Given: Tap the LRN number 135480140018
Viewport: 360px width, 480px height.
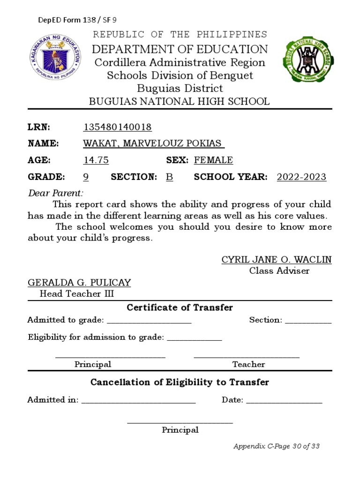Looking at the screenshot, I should [x=117, y=127].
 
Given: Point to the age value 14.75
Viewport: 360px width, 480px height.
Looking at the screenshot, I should [x=96, y=160].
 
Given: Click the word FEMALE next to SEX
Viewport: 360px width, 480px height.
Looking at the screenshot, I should [x=213, y=160].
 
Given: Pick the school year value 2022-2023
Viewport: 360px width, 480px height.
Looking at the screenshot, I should [x=301, y=177].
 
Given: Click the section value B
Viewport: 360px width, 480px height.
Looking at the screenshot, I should [x=169, y=177].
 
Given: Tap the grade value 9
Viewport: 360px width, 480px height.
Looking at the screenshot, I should [x=86, y=177].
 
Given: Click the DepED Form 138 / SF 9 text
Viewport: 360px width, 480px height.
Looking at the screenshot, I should [x=77, y=20].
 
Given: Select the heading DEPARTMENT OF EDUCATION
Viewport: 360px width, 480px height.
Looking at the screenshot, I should [x=180, y=49].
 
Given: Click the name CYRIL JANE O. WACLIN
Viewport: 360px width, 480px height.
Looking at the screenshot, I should [x=276, y=260].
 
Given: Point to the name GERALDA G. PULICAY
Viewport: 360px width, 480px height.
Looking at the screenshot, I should [x=79, y=283].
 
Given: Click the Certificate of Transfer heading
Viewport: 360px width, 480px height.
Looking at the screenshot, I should [x=180, y=307].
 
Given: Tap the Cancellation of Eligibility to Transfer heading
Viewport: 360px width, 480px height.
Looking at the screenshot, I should [x=180, y=382].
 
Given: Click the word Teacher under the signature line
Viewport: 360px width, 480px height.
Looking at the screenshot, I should [x=248, y=364].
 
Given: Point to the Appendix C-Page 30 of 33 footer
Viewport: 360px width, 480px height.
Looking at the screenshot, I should [x=277, y=446].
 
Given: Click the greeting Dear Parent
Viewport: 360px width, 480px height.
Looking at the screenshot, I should [x=56, y=193].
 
